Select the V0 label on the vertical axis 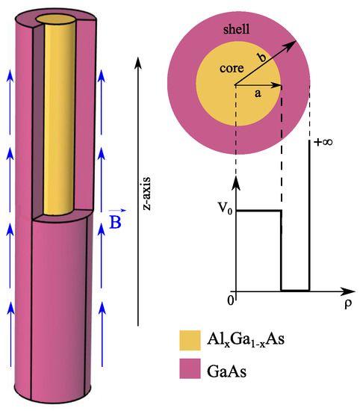point(220,211)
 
